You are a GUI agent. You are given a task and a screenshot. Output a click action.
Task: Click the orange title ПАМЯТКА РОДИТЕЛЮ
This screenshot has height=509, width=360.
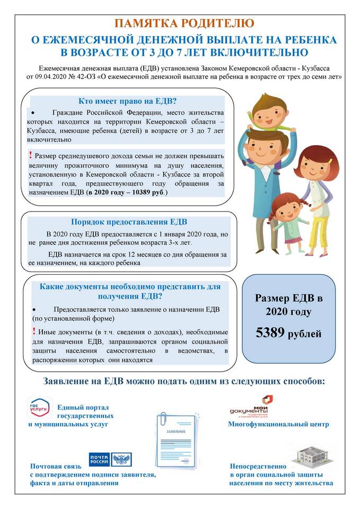[180, 23]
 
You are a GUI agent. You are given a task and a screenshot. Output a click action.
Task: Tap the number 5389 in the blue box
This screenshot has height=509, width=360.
[270, 333]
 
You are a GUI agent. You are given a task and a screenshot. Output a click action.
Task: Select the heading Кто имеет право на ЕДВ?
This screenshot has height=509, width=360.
[127, 101]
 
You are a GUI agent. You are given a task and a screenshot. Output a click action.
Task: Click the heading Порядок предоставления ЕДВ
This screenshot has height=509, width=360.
[129, 222]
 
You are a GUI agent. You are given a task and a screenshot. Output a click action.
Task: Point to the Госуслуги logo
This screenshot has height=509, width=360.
[40, 408]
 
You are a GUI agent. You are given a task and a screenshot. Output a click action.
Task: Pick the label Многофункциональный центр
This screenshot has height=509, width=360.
[278, 424]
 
